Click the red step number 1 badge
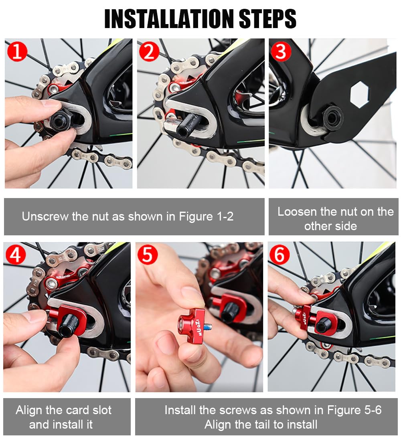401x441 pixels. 17,51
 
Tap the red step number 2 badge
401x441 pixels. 149,51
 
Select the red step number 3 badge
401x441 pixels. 281,51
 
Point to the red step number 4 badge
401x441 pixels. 16,255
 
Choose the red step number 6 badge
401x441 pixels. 279,255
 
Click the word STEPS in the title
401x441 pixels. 267,19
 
